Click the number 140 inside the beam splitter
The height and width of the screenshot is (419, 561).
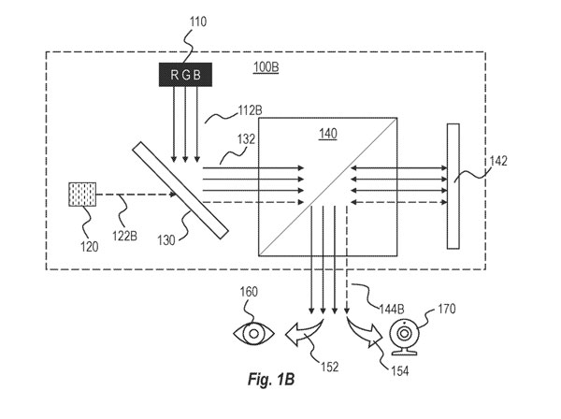(x=326, y=135)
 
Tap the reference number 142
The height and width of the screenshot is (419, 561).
(x=501, y=161)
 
